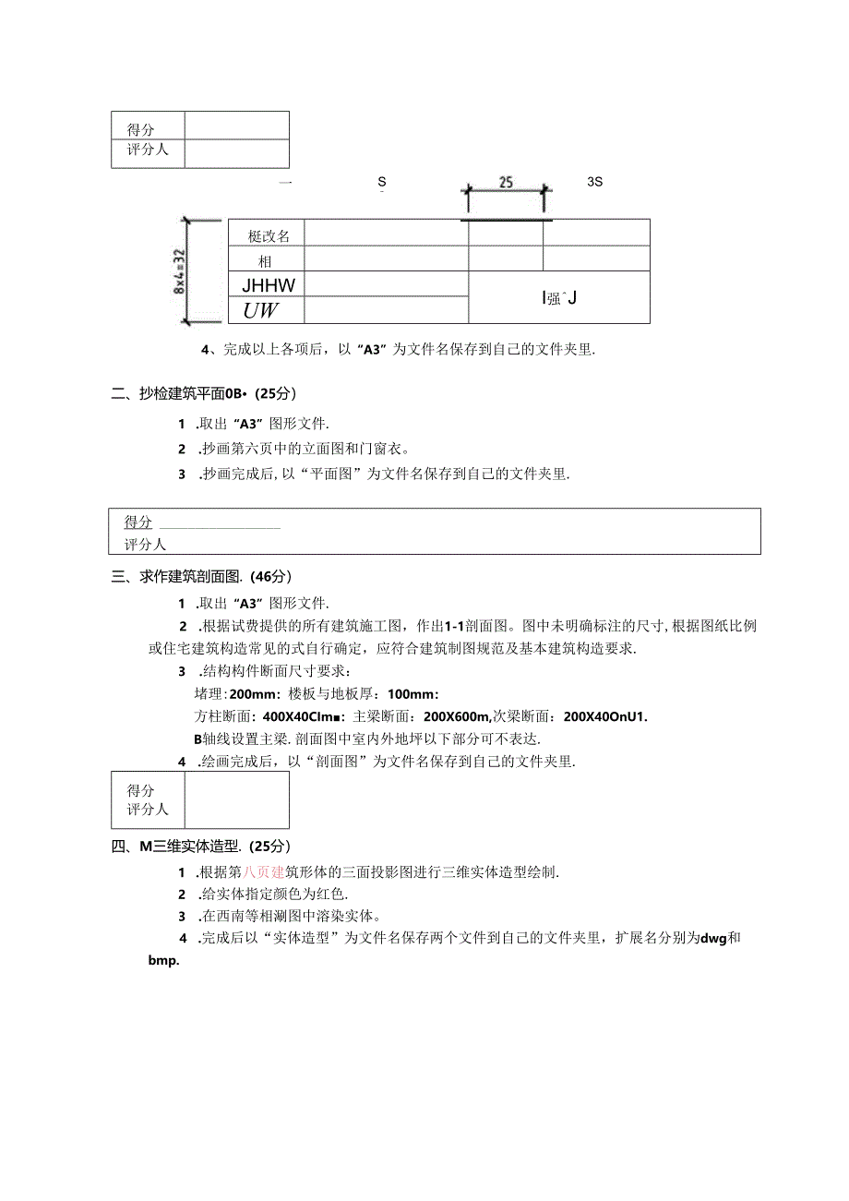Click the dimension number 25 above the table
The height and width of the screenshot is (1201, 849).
point(506,183)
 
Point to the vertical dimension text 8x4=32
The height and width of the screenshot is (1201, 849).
point(180,271)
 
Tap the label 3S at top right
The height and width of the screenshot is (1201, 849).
point(594,182)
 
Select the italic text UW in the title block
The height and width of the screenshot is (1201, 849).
point(261,310)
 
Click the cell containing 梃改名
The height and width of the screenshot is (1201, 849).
point(269,236)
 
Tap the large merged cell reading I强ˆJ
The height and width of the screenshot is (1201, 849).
point(559,297)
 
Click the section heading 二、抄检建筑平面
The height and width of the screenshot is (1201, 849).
point(175,394)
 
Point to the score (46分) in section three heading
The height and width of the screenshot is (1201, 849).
point(270,577)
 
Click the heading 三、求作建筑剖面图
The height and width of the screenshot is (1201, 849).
point(176,577)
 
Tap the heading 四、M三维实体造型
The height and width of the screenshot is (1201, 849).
point(175,846)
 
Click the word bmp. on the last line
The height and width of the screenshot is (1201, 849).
point(162,960)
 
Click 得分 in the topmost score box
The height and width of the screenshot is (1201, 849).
point(141,130)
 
